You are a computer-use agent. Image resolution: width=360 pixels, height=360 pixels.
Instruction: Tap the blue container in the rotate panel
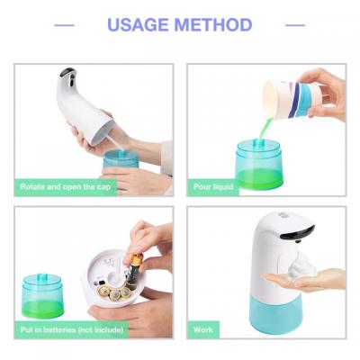(121, 162)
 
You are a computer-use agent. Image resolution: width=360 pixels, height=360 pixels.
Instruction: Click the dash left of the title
(65, 25)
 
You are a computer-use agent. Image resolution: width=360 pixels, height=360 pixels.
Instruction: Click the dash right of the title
(295, 25)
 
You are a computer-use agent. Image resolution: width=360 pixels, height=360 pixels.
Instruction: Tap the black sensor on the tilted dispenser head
(67, 72)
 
